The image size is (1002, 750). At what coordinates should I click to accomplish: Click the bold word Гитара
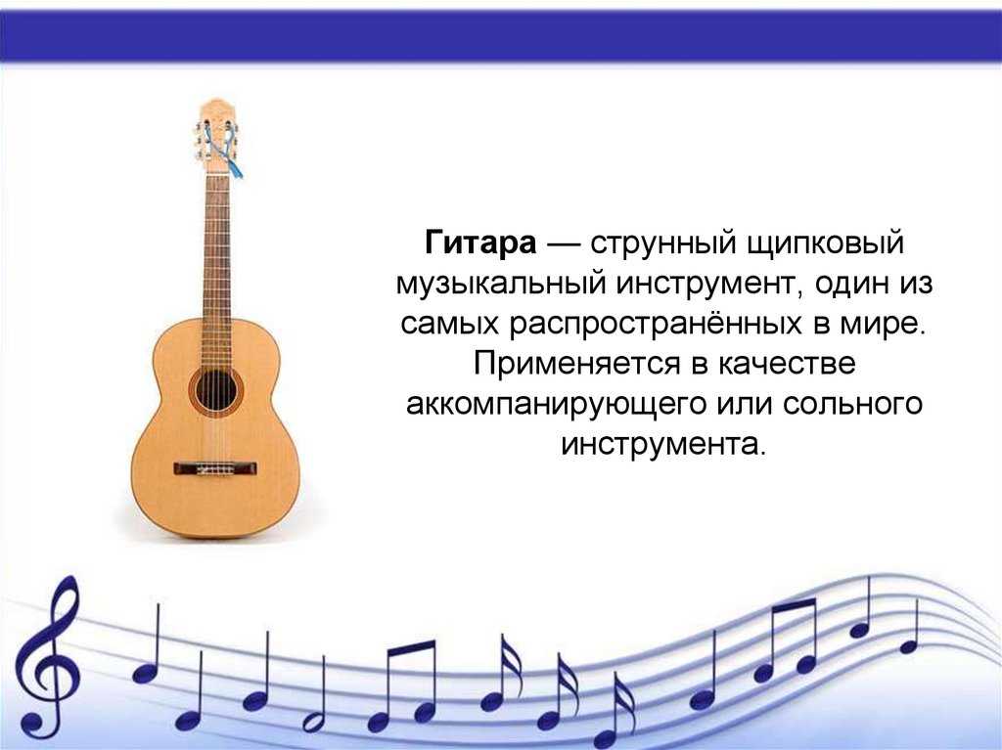(480, 243)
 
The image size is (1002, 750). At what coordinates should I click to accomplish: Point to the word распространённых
(655, 324)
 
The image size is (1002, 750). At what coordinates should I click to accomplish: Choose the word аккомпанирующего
(555, 405)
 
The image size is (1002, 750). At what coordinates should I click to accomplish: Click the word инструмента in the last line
(662, 444)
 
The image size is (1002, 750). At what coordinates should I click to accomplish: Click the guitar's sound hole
(216, 390)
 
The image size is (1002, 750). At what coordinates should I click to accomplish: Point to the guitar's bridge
(216, 468)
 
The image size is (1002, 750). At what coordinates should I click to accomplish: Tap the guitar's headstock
(216, 136)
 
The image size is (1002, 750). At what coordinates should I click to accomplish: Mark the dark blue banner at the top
(501, 36)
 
